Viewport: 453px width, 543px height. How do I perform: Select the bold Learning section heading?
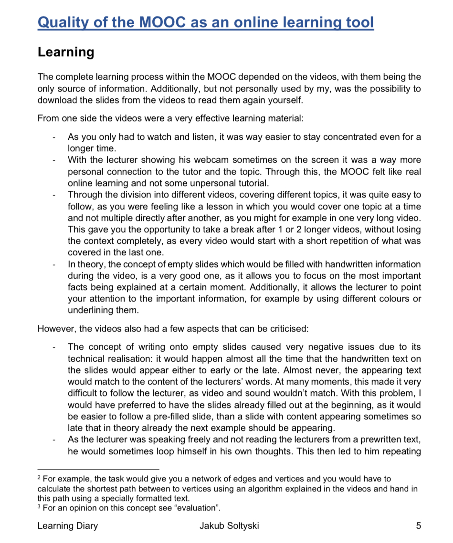pos(66,52)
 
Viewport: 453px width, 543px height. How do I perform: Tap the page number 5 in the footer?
pos(418,526)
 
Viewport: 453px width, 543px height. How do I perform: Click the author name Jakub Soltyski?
pos(230,526)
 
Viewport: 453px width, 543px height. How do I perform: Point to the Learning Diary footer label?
pos(68,526)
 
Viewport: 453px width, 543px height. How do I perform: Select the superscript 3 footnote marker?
pos(39,506)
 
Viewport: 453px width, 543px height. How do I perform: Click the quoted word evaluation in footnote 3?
pos(198,508)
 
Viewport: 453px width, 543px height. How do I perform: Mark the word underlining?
pos(91,310)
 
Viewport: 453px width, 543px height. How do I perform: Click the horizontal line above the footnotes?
pos(98,469)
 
